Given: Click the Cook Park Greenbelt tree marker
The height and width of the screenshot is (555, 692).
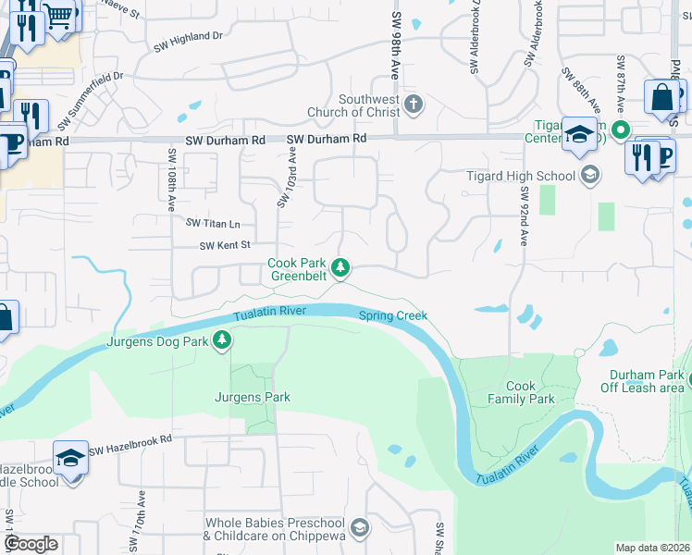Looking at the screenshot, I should [x=341, y=268].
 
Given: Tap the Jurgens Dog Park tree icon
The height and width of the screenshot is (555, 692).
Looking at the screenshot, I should [x=222, y=341].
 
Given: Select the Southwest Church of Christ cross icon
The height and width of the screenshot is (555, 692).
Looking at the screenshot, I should [x=413, y=104].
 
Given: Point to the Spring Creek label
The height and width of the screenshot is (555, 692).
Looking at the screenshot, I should [x=393, y=315].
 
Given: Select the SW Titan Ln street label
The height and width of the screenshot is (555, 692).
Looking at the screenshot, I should [x=213, y=223].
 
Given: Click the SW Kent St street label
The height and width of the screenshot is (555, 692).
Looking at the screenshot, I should [x=227, y=245].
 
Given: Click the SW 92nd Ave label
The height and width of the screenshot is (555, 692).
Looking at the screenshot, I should [x=524, y=216].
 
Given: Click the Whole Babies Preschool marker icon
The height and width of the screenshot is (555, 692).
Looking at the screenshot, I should [x=359, y=528].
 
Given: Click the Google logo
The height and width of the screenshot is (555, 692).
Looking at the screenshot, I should [x=31, y=544].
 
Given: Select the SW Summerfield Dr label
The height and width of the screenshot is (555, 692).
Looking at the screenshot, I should [x=90, y=101].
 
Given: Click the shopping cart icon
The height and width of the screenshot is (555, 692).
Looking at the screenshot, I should [x=60, y=17].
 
